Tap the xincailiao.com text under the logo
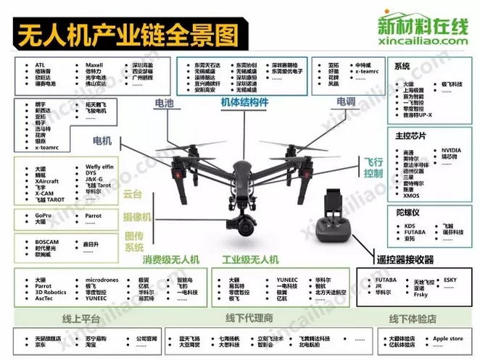coord(423,41)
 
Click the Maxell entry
coord(94,64)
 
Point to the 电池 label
coord(164,104)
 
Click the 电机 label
coord(102,140)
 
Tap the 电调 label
coord(345,104)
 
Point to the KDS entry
coord(410,225)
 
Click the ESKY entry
coord(450,279)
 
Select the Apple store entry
coord(447,338)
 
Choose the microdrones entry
coord(101,279)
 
